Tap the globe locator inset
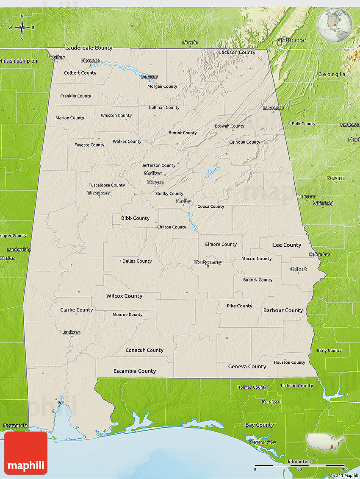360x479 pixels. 335,25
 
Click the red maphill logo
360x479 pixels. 26,453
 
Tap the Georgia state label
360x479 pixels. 332,74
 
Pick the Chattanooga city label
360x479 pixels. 292,40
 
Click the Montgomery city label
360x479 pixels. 207,262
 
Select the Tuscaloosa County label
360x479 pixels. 107,185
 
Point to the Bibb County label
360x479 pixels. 135,218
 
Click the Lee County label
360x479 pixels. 287,245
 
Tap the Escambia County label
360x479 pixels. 135,371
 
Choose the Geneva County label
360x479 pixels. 247,366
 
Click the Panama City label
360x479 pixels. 262,442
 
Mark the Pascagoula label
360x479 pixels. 16,425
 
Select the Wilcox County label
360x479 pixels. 124,296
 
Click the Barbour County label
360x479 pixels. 283,310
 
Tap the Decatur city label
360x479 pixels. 149,77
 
